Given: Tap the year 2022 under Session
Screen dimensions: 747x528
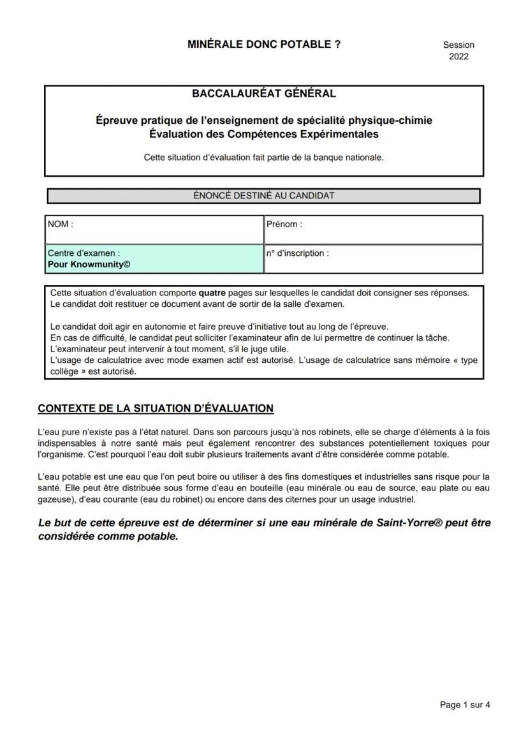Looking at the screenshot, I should coord(458,56).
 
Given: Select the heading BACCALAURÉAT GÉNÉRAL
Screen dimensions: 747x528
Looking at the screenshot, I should coord(263,94).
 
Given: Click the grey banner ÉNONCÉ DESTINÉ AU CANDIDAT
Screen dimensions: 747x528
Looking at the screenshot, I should coord(263,196).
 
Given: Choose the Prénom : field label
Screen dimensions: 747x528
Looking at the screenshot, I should coord(284,224).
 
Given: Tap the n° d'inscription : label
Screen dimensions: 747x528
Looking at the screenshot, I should coord(298,253).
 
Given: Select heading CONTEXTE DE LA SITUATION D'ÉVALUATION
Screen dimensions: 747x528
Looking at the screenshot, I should coord(156,408).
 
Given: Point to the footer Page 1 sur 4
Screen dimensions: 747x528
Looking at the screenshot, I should coord(465,705).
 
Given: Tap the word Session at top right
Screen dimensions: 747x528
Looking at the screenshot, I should coord(458,45).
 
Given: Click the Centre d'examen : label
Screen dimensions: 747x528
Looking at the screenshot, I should coord(84,253).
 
